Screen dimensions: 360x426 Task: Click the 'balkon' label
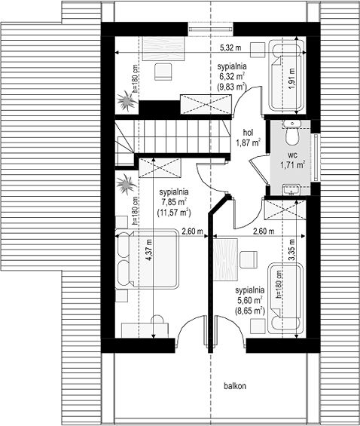[235, 386]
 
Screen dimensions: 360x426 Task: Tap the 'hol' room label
[248, 133]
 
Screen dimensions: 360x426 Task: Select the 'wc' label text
[292, 155]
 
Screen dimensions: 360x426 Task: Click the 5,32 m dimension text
[230, 48]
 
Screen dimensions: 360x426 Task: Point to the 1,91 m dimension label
[291, 78]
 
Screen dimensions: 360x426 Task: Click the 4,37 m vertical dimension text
[148, 250]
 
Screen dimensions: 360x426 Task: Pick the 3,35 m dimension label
[291, 250]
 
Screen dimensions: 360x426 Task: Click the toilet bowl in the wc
[292, 135]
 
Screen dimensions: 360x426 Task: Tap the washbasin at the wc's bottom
[291, 189]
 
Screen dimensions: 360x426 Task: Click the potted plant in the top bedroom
[127, 101]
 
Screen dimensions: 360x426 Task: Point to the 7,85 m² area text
[174, 202]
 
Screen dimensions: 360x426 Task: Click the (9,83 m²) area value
[232, 87]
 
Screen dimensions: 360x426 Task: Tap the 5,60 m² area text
[249, 300]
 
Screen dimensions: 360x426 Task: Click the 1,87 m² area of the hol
[249, 143]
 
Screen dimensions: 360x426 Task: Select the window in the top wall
[211, 29]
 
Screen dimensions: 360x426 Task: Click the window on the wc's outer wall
[316, 157]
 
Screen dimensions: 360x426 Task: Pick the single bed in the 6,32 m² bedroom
[285, 75]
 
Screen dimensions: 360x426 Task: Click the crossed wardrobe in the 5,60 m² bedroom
[285, 209]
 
